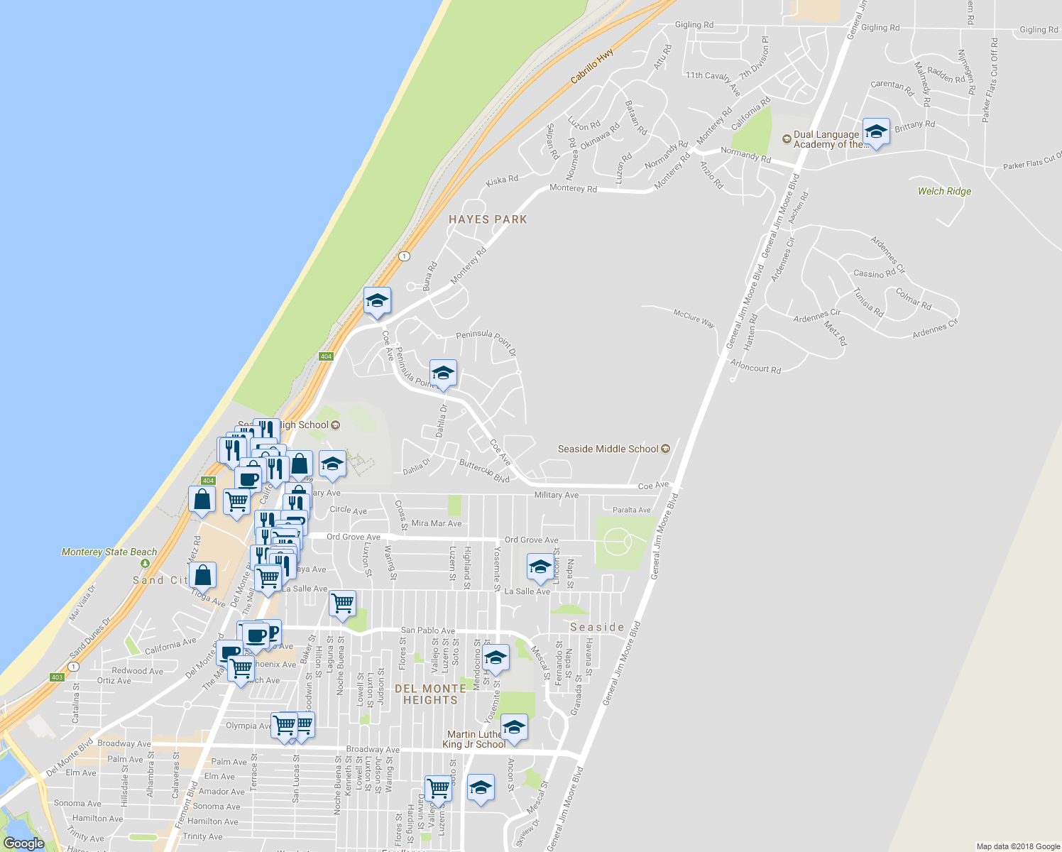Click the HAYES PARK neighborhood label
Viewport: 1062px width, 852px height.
pyautogui.click(x=488, y=219)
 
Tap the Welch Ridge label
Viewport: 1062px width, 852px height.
pyautogui.click(x=944, y=191)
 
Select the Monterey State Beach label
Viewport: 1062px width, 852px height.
pyautogui.click(x=109, y=552)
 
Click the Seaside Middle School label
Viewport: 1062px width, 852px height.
pyautogui.click(x=608, y=449)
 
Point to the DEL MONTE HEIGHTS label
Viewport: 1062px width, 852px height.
pyautogui.click(x=431, y=694)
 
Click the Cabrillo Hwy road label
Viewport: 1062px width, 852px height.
pyautogui.click(x=592, y=67)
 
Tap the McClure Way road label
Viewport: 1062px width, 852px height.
pyautogui.click(x=694, y=317)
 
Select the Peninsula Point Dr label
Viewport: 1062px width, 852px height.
pyautogui.click(x=486, y=342)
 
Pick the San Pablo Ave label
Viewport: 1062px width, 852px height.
pyautogui.click(x=428, y=630)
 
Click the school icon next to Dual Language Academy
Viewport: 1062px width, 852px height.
pyautogui.click(x=876, y=132)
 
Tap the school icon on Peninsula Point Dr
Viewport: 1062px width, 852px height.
pyautogui.click(x=443, y=373)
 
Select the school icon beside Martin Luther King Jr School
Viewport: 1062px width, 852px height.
pyautogui.click(x=514, y=728)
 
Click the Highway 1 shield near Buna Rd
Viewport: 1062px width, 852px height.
pyautogui.click(x=404, y=256)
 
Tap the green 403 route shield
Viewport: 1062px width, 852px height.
pyautogui.click(x=58, y=677)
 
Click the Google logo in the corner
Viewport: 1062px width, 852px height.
pyautogui.click(x=23, y=843)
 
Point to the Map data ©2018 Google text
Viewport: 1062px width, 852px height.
pyautogui.click(x=1017, y=846)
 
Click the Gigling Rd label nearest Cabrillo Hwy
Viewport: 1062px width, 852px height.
pyautogui.click(x=694, y=25)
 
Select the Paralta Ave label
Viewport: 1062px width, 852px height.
pyautogui.click(x=631, y=510)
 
